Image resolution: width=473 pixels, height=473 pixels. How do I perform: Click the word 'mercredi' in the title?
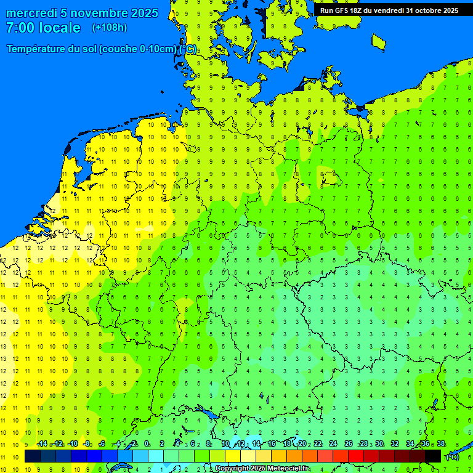pos(31,13)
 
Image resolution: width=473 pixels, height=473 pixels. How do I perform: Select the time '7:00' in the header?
pos(19,28)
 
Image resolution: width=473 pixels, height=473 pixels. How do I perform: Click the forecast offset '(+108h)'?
pos(110,28)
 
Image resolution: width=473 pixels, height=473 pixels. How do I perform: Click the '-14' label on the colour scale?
pos(42,444)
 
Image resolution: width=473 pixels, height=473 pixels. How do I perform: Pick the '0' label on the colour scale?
pos(147,444)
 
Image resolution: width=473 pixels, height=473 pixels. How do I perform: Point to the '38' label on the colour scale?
pos(441,444)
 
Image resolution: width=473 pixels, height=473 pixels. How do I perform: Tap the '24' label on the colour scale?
pos(333,444)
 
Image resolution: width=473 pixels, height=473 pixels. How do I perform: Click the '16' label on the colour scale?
pos(272,444)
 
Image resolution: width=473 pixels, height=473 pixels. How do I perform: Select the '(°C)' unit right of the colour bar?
pos(453,456)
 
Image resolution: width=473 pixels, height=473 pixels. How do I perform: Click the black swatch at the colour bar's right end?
pos(433,456)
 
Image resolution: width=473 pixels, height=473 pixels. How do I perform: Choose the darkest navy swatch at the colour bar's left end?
pos(33,456)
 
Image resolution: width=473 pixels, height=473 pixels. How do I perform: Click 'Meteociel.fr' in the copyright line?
pos(288,469)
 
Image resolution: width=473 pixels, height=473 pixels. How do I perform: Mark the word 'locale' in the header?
pos(60,28)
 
